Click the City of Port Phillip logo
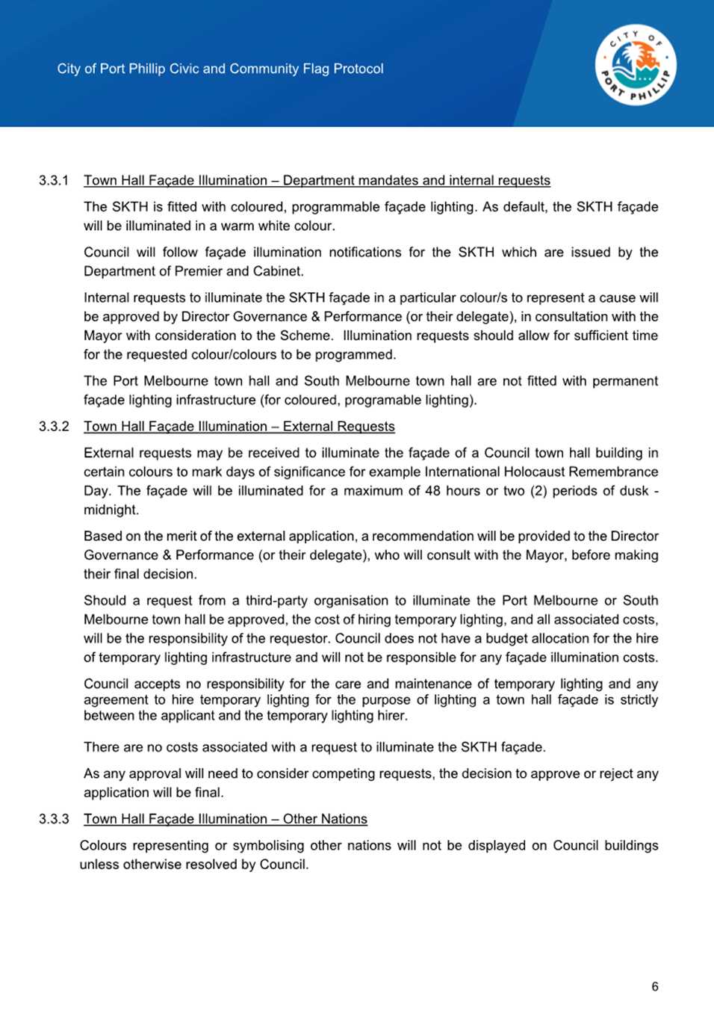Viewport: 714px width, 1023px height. (x=636, y=65)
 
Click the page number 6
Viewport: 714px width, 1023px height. (x=655, y=986)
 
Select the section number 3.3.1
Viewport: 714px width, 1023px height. (x=54, y=180)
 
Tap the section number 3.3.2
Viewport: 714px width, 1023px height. (x=54, y=426)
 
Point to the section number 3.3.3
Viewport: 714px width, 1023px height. (x=54, y=819)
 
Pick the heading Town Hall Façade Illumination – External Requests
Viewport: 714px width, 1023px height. (x=239, y=426)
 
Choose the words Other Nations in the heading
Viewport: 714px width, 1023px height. (x=325, y=819)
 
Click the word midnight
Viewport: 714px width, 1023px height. (x=110, y=510)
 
